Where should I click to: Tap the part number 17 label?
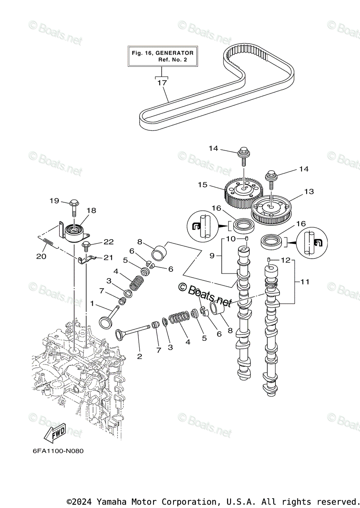(162, 83)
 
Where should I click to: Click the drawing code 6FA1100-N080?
(58, 451)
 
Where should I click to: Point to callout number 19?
(54, 201)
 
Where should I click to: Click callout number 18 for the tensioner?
(91, 210)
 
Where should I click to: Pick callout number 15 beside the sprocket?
(203, 185)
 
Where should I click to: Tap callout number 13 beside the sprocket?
(309, 191)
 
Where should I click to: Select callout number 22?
(109, 242)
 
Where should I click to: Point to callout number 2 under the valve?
(140, 356)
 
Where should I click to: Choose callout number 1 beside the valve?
(93, 304)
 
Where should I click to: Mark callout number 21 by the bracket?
(109, 257)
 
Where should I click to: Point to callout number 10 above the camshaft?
(231, 239)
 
